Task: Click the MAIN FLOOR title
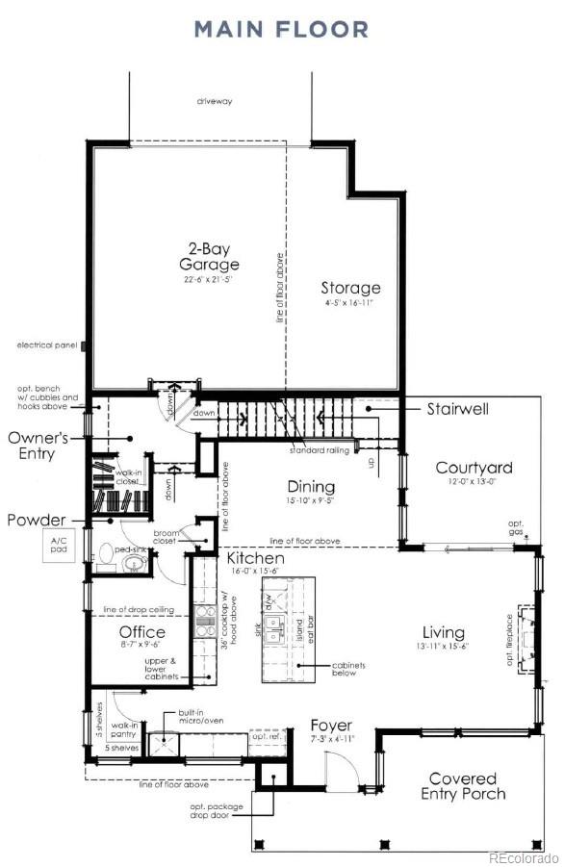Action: pyautogui.click(x=281, y=30)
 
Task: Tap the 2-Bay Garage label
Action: pyautogui.click(x=208, y=256)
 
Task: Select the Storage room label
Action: pyautogui.click(x=350, y=288)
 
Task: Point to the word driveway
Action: pyautogui.click(x=215, y=101)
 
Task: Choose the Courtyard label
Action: pyautogui.click(x=474, y=469)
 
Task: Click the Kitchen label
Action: pyautogui.click(x=255, y=558)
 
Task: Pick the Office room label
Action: pyautogui.click(x=142, y=632)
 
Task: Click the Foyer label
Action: pyautogui.click(x=330, y=725)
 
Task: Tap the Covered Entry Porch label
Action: pyautogui.click(x=463, y=785)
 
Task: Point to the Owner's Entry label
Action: pyautogui.click(x=38, y=446)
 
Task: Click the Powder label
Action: pyautogui.click(x=36, y=520)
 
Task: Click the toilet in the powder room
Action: pyautogui.click(x=107, y=557)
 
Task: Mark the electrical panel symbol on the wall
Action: pyautogui.click(x=86, y=344)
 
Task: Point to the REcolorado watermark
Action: pyautogui.click(x=523, y=856)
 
